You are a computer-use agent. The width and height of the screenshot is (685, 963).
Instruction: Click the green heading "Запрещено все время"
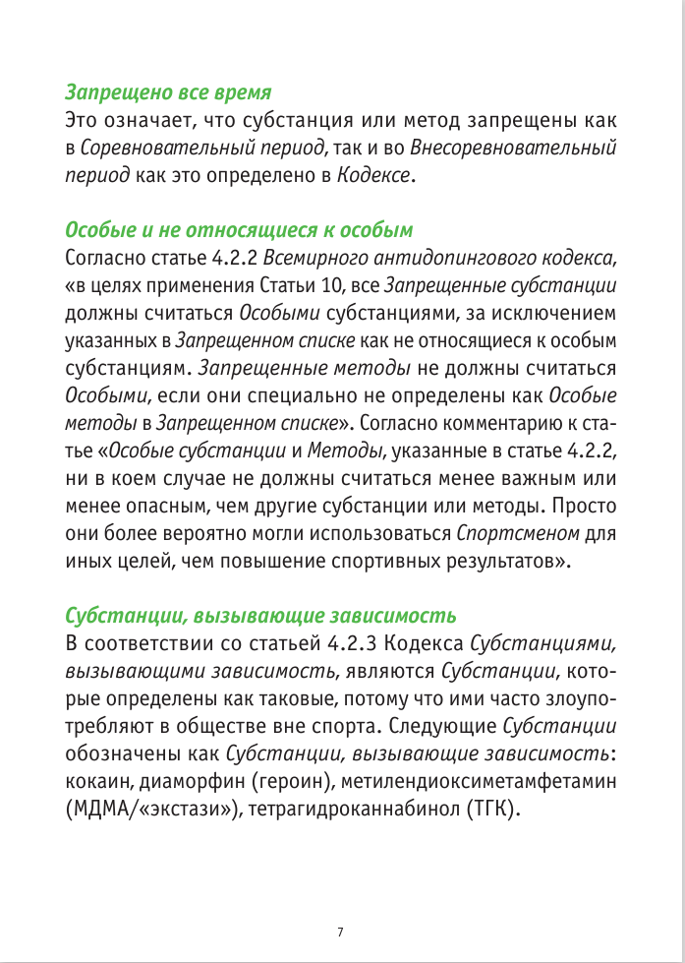coord(168,93)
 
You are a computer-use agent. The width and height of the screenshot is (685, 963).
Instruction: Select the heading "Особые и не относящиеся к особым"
coord(239,231)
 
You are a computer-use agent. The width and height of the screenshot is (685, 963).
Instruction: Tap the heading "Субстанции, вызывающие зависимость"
coord(260,617)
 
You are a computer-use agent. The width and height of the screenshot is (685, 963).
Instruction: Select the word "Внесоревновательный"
coord(513,150)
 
